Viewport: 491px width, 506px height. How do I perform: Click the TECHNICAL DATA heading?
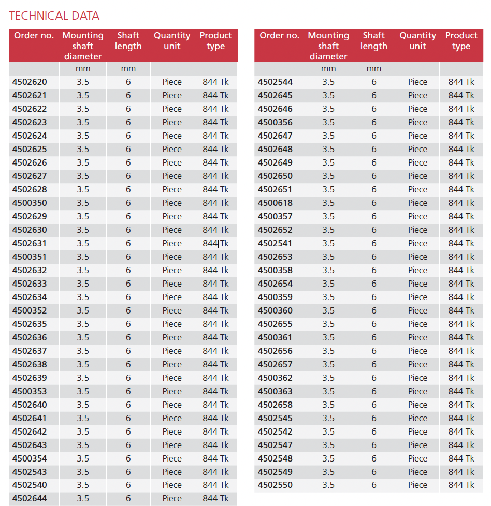[54, 16]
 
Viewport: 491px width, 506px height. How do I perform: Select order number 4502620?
[30, 82]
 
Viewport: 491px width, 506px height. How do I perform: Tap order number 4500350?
[30, 203]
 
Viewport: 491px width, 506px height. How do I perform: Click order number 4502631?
[30, 243]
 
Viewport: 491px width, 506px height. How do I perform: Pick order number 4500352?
[30, 310]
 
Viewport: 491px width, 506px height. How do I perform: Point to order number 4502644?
[30, 498]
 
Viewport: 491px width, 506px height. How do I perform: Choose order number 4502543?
[30, 472]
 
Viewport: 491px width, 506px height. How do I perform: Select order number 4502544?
[275, 82]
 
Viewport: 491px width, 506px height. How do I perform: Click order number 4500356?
[275, 122]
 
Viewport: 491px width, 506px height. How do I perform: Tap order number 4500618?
[275, 203]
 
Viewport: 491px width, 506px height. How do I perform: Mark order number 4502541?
[275, 243]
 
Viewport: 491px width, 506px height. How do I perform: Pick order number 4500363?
[275, 391]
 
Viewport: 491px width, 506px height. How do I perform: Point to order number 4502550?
[275, 485]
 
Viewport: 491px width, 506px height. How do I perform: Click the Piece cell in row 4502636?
[172, 337]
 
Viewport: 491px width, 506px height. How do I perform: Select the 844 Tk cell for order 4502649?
[461, 162]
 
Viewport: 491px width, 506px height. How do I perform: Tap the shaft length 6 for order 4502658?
[374, 405]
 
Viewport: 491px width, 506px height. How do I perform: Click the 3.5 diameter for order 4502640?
[83, 405]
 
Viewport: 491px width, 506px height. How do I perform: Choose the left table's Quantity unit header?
[172, 41]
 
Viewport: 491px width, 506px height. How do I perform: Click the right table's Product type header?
[461, 41]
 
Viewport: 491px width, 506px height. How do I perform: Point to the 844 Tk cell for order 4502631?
[215, 243]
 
